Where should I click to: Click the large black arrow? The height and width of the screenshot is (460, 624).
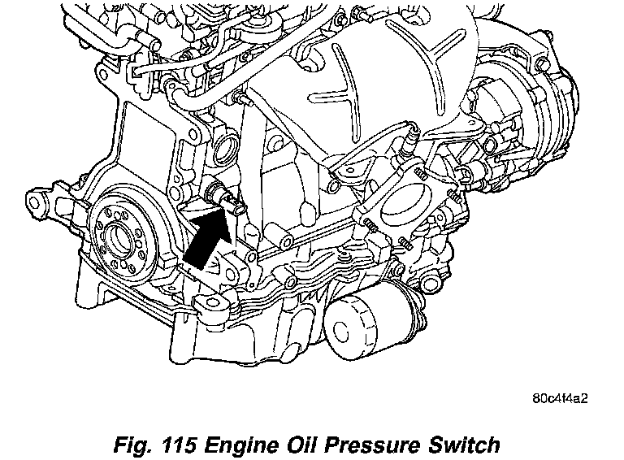tap(205, 237)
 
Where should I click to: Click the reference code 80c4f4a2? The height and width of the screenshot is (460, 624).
tap(560, 399)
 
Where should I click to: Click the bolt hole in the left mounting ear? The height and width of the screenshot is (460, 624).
tap(37, 198)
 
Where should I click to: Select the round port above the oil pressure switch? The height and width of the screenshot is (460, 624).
tap(225, 147)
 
